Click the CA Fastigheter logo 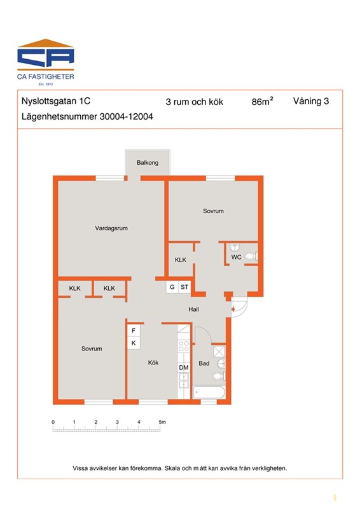45,62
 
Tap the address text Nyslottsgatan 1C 56,101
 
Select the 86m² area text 262,101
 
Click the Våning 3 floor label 311,101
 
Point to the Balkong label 148,162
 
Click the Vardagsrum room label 111,228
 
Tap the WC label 236,257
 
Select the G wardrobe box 172,287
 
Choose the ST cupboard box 184,287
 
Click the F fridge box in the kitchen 134,331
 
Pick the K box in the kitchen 134,343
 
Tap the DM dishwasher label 184,368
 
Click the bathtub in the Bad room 209,392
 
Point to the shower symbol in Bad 219,351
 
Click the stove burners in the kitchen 184,346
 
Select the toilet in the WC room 251,256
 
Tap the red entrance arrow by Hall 233,309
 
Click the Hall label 194,309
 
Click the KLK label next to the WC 181,260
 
